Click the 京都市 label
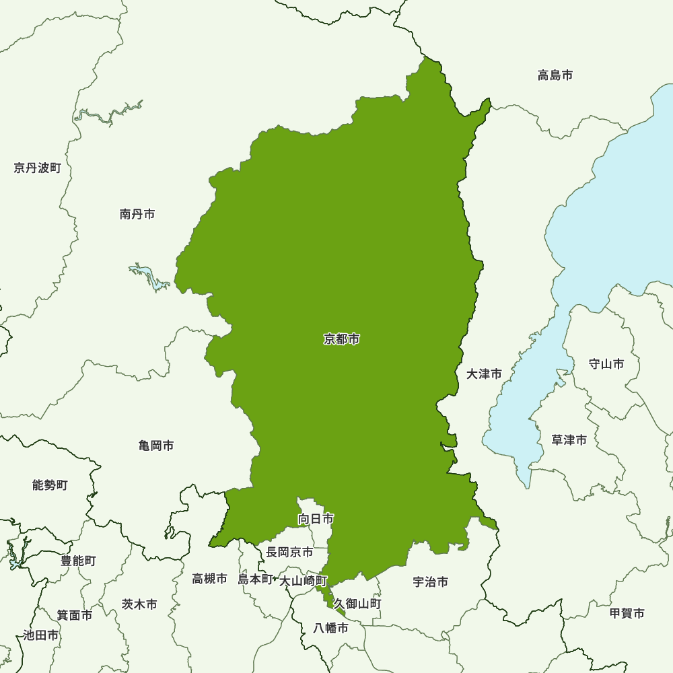pos(342,339)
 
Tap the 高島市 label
pos(555,75)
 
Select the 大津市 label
pos(485,374)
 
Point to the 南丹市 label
pos(137,214)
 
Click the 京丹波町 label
pos(37,168)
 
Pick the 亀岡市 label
pos(156,446)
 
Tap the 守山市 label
pos(606,364)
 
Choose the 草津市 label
pos(569,440)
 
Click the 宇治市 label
pos(431,582)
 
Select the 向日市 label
pos(316,519)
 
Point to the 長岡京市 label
pos(289,552)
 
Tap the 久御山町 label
pos(357,604)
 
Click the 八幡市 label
pos(331,629)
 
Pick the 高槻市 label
pos(210,578)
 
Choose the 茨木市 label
pos(139,604)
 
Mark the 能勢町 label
pos(50,485)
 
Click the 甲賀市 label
pos(627,613)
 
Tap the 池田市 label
pos(40,635)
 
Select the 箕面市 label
pos(74,614)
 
